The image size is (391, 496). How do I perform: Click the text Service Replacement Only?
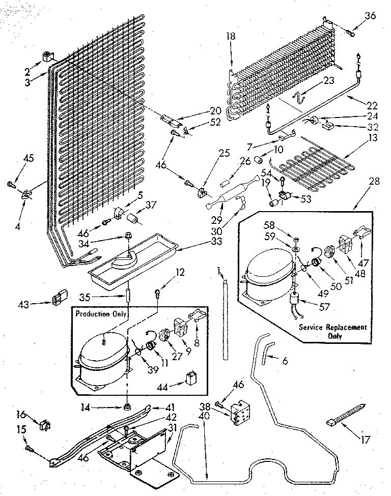[332, 331]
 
